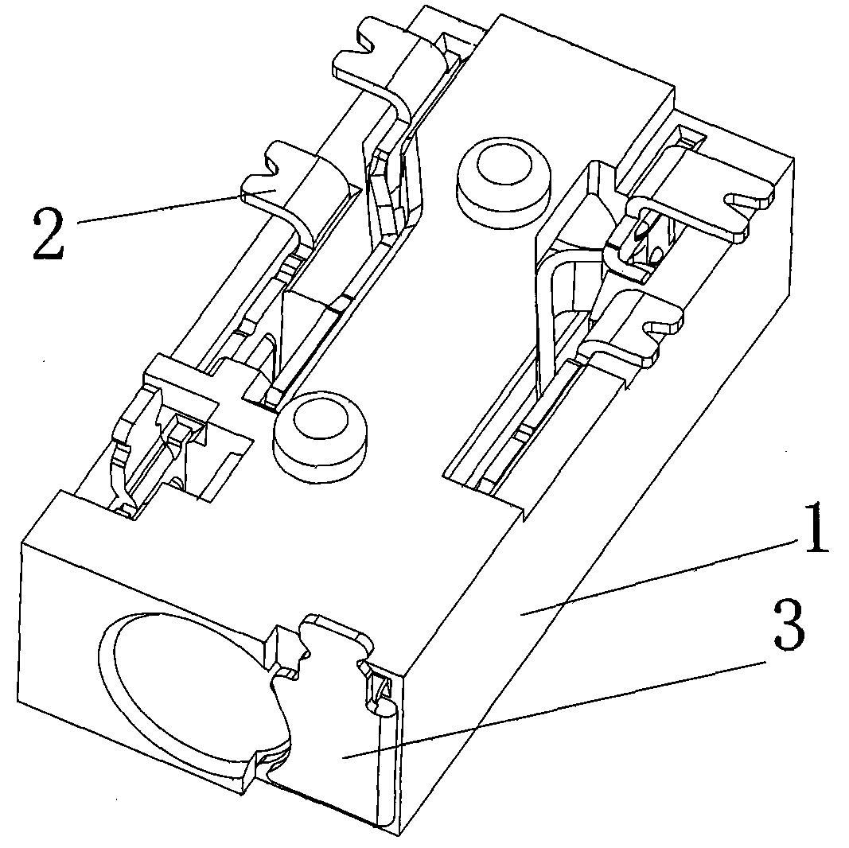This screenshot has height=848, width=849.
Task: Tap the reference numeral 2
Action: [49, 235]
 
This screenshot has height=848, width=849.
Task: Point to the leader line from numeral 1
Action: [659, 577]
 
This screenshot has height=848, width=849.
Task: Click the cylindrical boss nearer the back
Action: [504, 185]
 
